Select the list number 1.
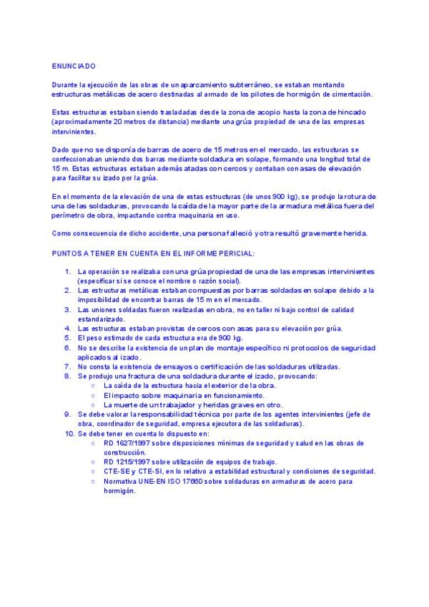tap(68, 272)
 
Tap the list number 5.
tap(68, 337)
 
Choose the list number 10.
tap(67, 434)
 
